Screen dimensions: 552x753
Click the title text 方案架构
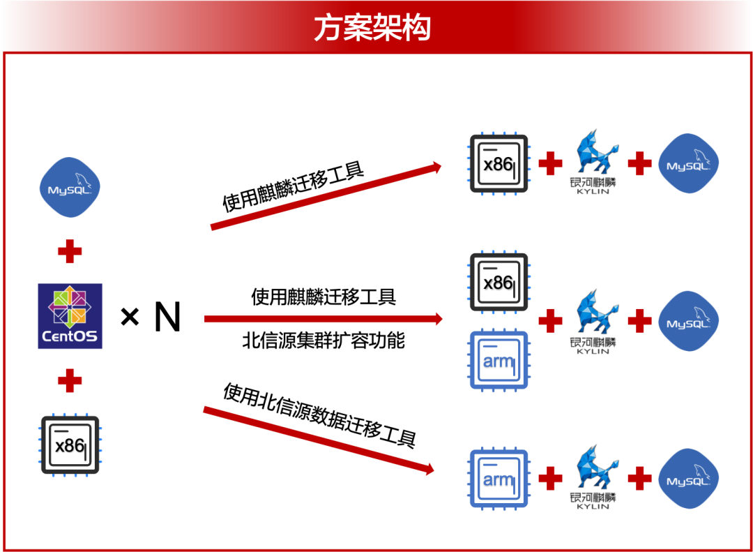pyautogui.click(x=372, y=28)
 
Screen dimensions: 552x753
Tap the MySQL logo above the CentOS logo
pyautogui.click(x=70, y=187)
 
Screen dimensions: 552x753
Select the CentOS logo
pyautogui.click(x=70, y=316)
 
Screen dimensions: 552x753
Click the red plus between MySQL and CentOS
pyautogui.click(x=70, y=251)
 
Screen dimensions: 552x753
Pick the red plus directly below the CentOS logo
pyautogui.click(x=70, y=381)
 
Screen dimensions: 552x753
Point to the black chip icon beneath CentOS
pyautogui.click(x=70, y=445)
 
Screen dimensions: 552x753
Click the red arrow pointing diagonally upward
pyautogui.click(x=326, y=197)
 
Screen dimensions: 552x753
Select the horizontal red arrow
pyautogui.click(x=324, y=319)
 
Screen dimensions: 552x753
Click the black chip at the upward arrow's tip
pyautogui.click(x=499, y=163)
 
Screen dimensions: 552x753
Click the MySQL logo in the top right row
pyautogui.click(x=689, y=163)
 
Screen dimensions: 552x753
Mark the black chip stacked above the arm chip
pyautogui.click(x=499, y=282)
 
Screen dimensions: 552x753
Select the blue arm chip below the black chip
pyautogui.click(x=499, y=359)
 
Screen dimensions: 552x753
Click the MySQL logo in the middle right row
pyautogui.click(x=689, y=321)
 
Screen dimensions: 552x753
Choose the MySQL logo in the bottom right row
pyautogui.click(x=689, y=479)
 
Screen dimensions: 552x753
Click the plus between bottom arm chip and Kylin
pyautogui.click(x=550, y=479)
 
